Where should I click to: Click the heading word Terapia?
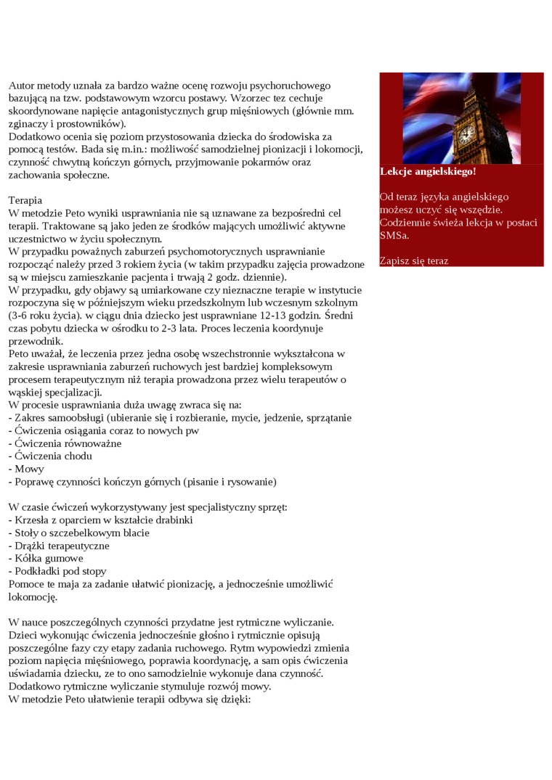coord(25,200)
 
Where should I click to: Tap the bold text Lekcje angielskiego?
coord(428,172)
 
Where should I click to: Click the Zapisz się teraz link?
coord(413,261)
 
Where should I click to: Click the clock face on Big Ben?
coord(466,134)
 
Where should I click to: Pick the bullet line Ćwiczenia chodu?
coord(50,456)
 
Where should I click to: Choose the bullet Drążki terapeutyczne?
coord(59,546)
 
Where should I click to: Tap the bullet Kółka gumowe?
coord(48,559)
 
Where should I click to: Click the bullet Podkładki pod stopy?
coord(57,572)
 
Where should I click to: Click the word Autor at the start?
coord(23,85)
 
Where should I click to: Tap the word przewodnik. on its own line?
coord(36,341)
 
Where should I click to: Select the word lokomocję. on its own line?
coord(33,597)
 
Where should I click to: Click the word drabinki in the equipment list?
coord(171,520)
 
